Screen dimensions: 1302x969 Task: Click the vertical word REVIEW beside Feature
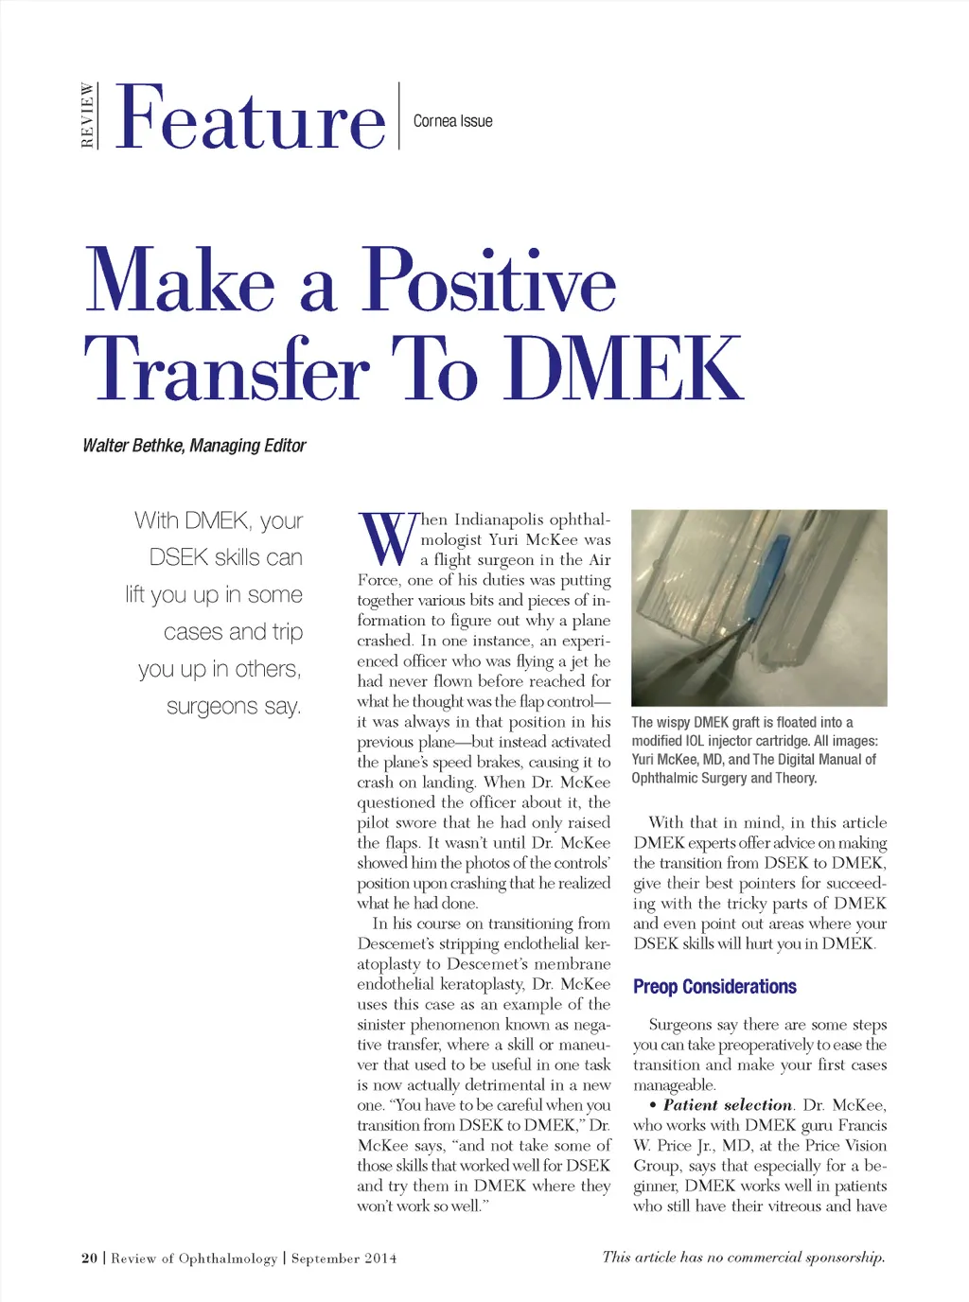point(88,115)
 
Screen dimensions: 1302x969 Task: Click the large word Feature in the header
point(251,118)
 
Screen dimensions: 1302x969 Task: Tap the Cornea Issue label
point(452,121)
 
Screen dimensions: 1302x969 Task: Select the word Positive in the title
point(489,281)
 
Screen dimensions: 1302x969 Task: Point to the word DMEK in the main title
point(625,369)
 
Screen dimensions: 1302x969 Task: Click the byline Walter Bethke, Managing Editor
point(194,446)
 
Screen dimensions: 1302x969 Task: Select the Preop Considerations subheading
point(714,987)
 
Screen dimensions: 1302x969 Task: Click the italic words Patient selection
point(727,1105)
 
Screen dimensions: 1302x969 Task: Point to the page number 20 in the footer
point(90,1258)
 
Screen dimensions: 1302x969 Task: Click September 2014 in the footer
point(344,1258)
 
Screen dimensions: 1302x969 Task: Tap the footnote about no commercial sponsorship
point(744,1258)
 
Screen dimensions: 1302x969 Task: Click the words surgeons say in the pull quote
point(234,706)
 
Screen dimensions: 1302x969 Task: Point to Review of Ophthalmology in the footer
point(195,1258)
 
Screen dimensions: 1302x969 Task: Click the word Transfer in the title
point(227,369)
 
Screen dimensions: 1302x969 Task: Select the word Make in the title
point(180,281)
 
